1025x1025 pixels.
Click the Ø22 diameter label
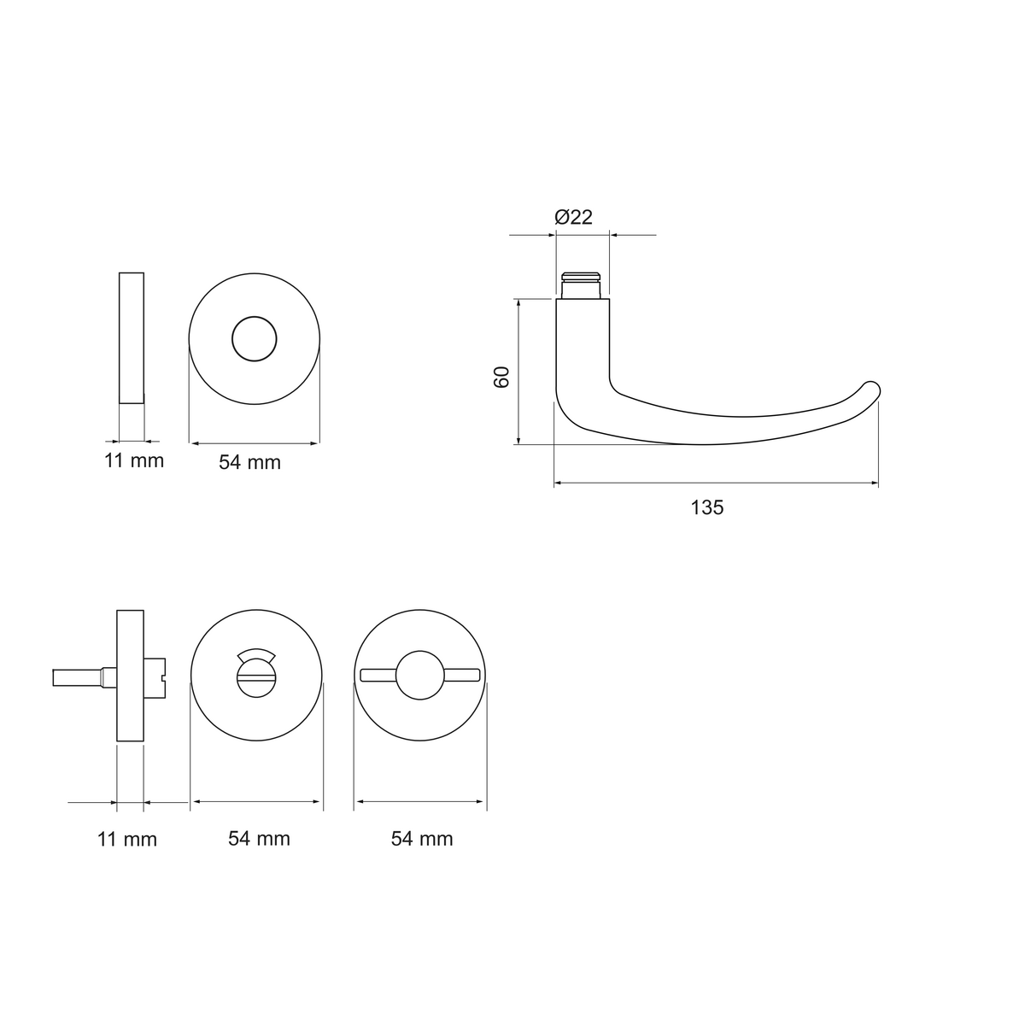click(x=573, y=217)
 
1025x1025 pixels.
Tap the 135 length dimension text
click(x=707, y=507)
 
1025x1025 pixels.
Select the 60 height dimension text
click(x=501, y=378)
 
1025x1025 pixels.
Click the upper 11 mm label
click(x=134, y=460)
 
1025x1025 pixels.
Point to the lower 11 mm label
click(x=127, y=840)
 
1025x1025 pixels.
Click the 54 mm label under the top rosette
click(x=250, y=462)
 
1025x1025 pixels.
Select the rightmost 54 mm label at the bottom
click(x=422, y=839)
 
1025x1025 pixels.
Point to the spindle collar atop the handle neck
click(x=581, y=285)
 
